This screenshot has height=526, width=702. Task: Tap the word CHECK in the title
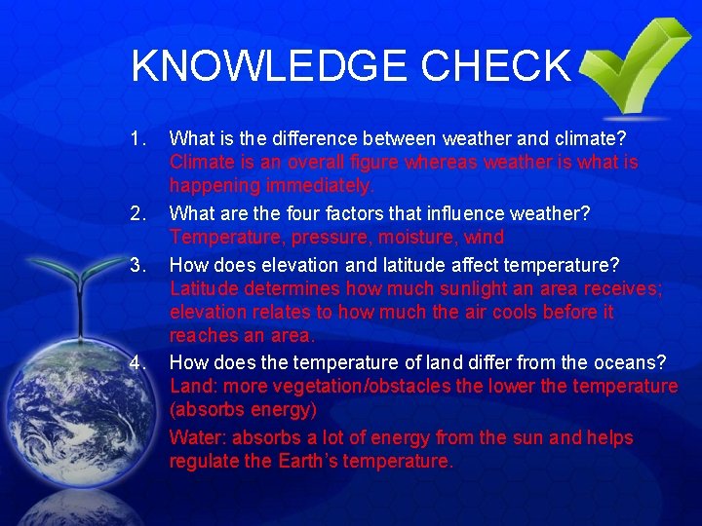[496, 66]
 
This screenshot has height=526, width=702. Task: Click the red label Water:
[198, 438]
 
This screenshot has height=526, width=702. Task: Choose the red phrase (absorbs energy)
[243, 410]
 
